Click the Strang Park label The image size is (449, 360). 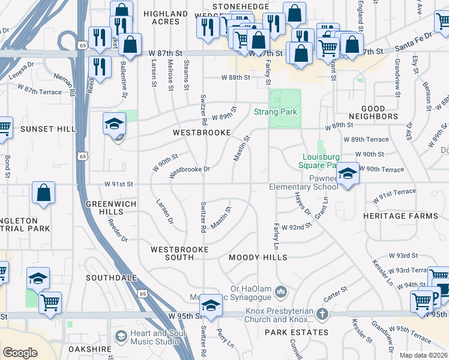[x=276, y=112]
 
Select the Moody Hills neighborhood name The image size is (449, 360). [x=258, y=257]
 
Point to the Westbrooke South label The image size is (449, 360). [x=179, y=253]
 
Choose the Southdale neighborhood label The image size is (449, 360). [x=109, y=278]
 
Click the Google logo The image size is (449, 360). [x=20, y=353]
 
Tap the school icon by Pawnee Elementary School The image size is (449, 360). [x=347, y=173]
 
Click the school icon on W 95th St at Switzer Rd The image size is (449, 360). [x=211, y=305]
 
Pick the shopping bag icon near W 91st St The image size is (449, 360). [x=44, y=193]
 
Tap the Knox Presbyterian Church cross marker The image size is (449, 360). [x=322, y=314]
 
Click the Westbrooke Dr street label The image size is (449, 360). [x=189, y=170]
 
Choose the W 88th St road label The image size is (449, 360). [x=235, y=77]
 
